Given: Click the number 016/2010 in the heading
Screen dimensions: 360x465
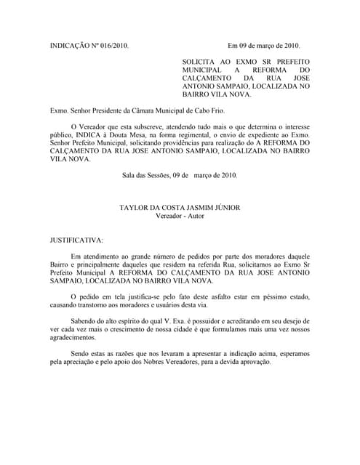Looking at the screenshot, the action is click(114, 45).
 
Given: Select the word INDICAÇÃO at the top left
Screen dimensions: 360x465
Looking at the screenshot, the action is click(66, 45).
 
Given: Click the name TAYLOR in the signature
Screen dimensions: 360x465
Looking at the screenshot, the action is click(136, 207).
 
